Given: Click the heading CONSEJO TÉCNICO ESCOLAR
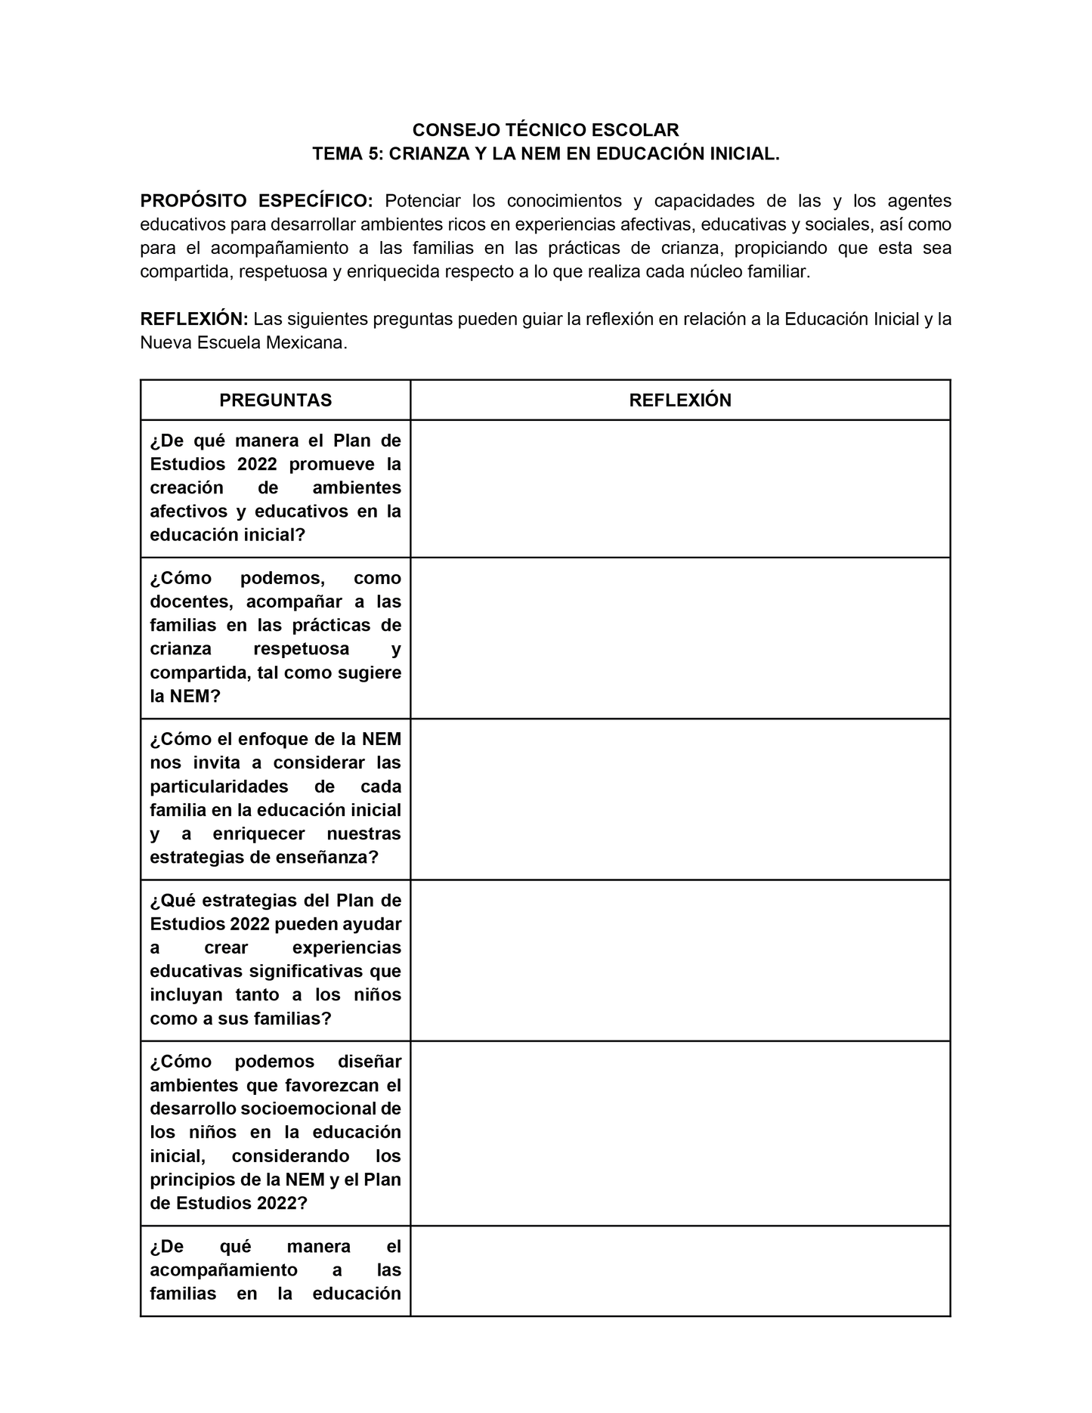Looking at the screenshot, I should point(546,130).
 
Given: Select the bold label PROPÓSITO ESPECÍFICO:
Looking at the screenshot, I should point(256,201).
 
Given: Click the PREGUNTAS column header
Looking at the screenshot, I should point(275,400).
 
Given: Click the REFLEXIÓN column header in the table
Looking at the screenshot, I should point(680,400).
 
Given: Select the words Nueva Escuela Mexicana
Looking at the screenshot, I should point(243,343).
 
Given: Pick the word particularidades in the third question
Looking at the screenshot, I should point(219,787).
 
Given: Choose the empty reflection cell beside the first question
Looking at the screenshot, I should point(680,489).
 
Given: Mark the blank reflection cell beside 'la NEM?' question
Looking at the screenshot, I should point(680,638).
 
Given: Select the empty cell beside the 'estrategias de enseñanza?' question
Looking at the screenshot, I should point(680,799).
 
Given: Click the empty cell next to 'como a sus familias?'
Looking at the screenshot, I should point(680,960).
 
